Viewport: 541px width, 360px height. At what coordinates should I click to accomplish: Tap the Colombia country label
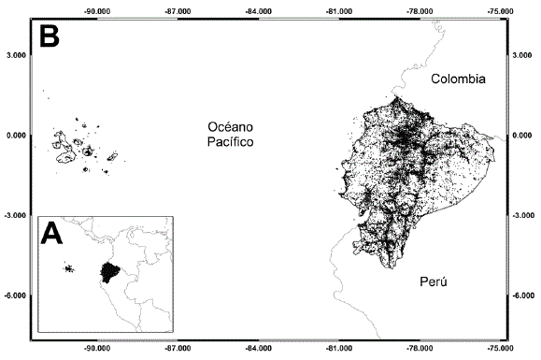click(458, 80)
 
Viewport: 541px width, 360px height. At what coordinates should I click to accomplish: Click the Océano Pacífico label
click(231, 135)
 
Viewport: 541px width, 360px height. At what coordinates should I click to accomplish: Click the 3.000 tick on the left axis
click(15, 55)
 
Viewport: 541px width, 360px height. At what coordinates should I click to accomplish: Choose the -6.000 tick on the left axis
click(14, 295)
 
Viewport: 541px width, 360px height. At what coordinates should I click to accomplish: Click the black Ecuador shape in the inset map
click(110, 272)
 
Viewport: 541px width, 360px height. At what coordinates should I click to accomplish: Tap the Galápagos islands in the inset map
click(68, 269)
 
